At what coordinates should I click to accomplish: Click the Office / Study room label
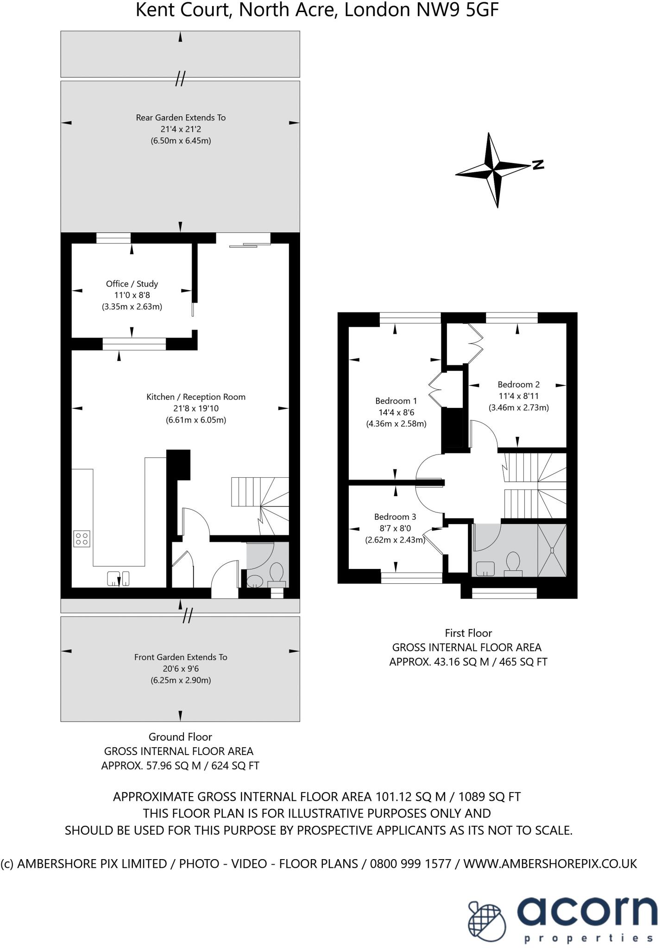[132, 284]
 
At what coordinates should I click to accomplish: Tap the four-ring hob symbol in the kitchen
[82, 539]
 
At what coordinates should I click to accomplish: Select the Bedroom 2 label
[518, 384]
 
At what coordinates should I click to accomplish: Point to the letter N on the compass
[538, 164]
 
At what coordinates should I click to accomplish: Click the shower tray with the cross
[552, 550]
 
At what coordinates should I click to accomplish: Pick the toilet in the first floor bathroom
[513, 564]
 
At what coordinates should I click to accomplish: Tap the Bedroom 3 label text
[395, 517]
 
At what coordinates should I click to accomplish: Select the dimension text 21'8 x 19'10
[195, 408]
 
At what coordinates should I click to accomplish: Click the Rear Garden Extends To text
[181, 118]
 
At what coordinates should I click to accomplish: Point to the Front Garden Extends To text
[181, 657]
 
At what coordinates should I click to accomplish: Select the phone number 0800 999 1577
[410, 864]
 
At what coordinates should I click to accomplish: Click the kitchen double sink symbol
[118, 578]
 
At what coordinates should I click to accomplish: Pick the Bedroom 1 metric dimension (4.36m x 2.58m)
[396, 424]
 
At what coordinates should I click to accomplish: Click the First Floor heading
[468, 633]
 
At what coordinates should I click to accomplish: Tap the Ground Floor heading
[180, 737]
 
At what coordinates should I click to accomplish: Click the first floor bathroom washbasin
[485, 568]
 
